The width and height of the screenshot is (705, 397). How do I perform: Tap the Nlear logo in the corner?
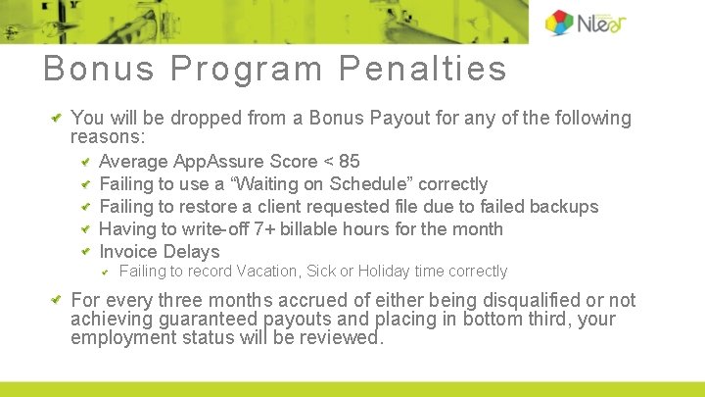pos(586,23)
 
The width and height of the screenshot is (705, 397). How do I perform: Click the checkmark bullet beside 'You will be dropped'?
pos(57,119)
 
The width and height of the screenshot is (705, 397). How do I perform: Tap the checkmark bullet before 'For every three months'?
pos(57,300)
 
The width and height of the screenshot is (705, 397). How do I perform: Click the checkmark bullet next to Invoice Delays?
pos(86,252)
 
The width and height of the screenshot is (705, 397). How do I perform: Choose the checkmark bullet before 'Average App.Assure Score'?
pos(86,162)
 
